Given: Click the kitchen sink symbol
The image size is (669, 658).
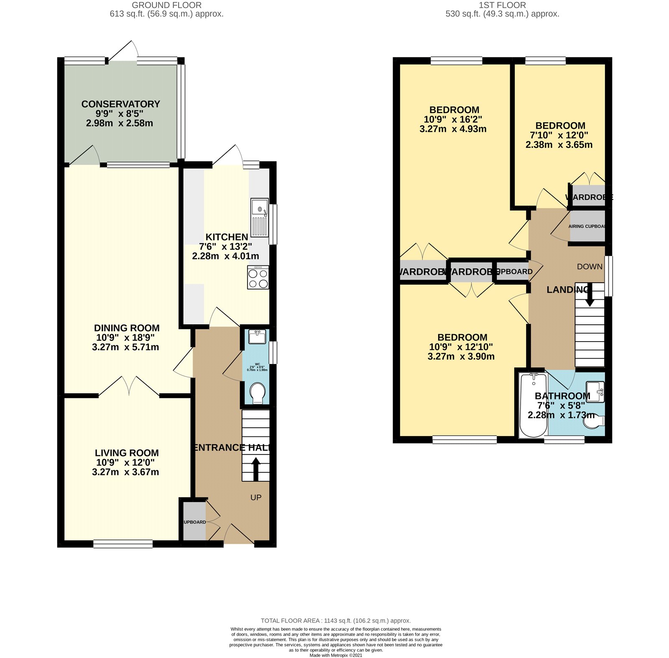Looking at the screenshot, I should pyautogui.click(x=260, y=217).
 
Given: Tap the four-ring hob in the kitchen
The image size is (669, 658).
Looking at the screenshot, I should pyautogui.click(x=258, y=278).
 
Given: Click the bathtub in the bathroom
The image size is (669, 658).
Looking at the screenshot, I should pyautogui.click(x=533, y=405).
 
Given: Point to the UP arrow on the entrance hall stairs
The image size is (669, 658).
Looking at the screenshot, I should pyautogui.click(x=255, y=468).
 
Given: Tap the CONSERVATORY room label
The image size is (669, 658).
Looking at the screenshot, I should pyautogui.click(x=120, y=104).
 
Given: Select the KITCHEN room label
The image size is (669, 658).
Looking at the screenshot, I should pyautogui.click(x=227, y=237).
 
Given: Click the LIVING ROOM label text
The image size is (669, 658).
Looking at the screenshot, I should pyautogui.click(x=127, y=453).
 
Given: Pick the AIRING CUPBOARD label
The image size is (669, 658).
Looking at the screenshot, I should pyautogui.click(x=587, y=226).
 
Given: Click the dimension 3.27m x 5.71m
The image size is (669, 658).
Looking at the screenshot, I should pyautogui.click(x=125, y=347).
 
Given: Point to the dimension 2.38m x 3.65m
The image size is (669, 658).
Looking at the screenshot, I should pyautogui.click(x=559, y=145).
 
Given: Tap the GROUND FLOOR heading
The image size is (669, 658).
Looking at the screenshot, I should pyautogui.click(x=166, y=5).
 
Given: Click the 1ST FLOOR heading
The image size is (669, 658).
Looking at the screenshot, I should pyautogui.click(x=502, y=5).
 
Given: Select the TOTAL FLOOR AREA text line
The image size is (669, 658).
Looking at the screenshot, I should pyautogui.click(x=336, y=620).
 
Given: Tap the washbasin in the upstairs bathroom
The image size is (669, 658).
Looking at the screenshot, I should pyautogui.click(x=595, y=391).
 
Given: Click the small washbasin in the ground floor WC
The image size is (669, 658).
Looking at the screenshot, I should pyautogui.click(x=257, y=337).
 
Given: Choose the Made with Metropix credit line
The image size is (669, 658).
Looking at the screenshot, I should pyautogui.click(x=336, y=655).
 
